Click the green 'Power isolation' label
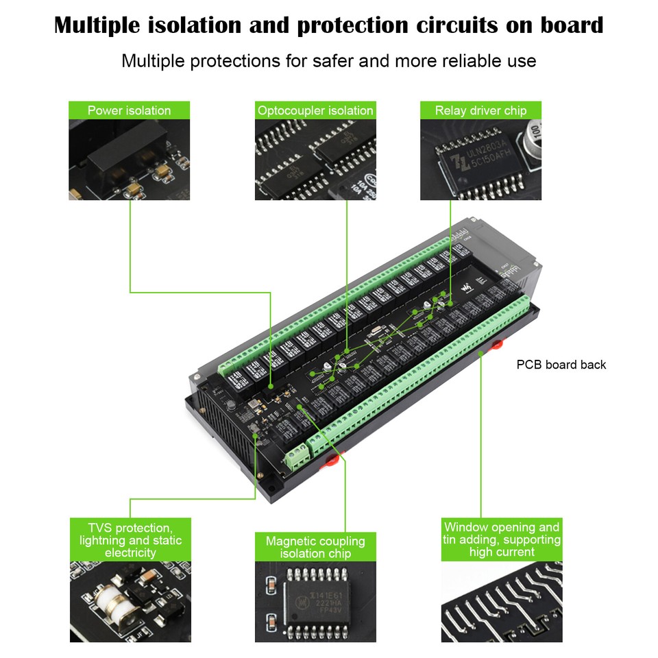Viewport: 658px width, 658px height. pos(129,110)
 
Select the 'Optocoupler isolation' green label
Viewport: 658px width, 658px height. pos(315,110)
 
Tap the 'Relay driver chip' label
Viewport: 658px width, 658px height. pos(480,110)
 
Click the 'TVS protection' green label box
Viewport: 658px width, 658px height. pos(130,540)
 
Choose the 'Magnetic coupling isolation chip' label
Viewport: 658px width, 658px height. pos(315,547)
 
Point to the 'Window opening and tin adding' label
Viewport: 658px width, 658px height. pos(502,539)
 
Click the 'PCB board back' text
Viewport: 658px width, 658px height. pos(561,365)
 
